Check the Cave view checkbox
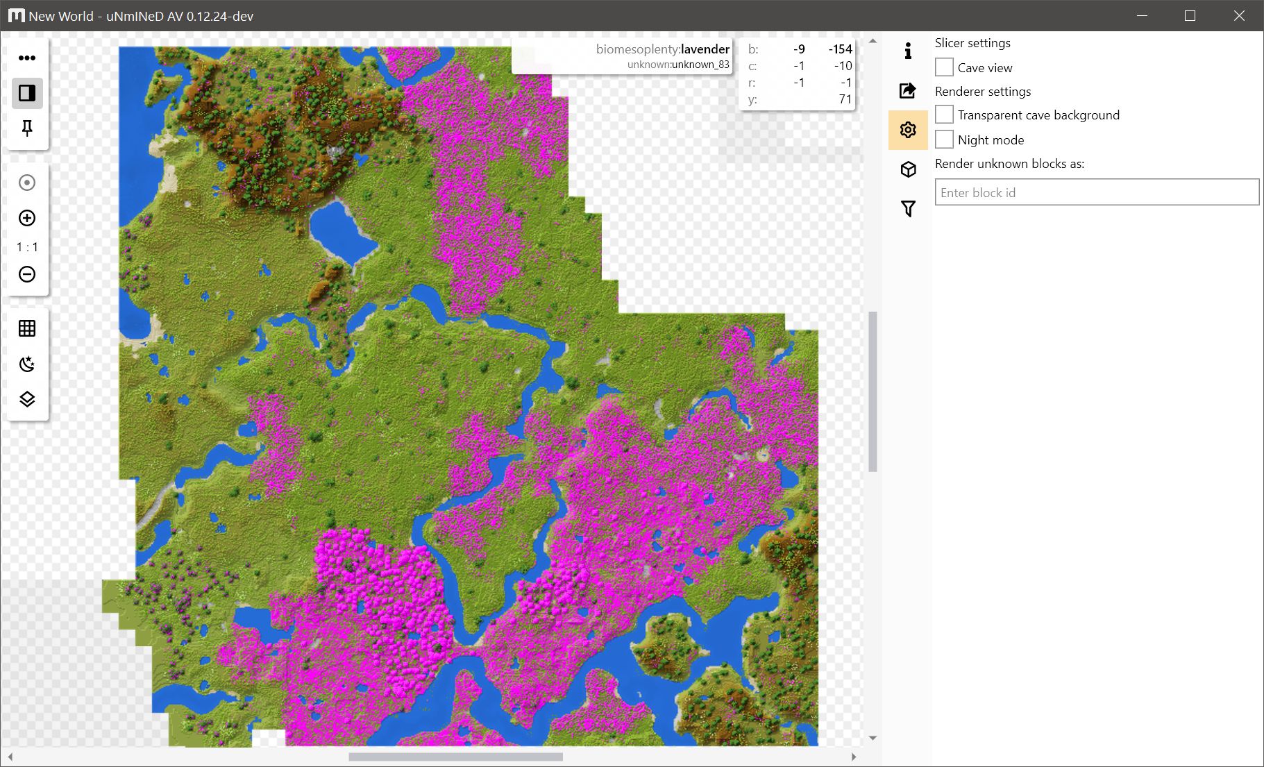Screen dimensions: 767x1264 [x=944, y=67]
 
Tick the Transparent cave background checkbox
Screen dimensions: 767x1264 [x=944, y=115]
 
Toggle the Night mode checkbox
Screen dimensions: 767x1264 [x=944, y=140]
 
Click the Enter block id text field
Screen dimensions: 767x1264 [x=1097, y=192]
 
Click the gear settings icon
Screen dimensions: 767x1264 [x=908, y=130]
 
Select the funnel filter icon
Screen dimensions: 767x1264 [x=908, y=208]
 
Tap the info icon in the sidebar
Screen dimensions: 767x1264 [x=908, y=51]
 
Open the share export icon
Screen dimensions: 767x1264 [x=908, y=90]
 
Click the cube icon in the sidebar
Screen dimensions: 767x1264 [x=908, y=169]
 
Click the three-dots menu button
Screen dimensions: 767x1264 [x=27, y=58]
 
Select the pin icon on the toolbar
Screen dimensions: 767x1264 [x=27, y=128]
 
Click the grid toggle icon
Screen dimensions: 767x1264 [x=27, y=328]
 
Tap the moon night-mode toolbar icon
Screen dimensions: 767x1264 [x=27, y=364]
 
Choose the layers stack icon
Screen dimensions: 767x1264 [x=27, y=399]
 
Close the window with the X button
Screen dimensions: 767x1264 [x=1239, y=15]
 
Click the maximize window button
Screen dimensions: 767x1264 [x=1190, y=15]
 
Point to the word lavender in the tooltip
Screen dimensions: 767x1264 [x=705, y=49]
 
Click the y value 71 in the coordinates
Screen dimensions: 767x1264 [x=845, y=99]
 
